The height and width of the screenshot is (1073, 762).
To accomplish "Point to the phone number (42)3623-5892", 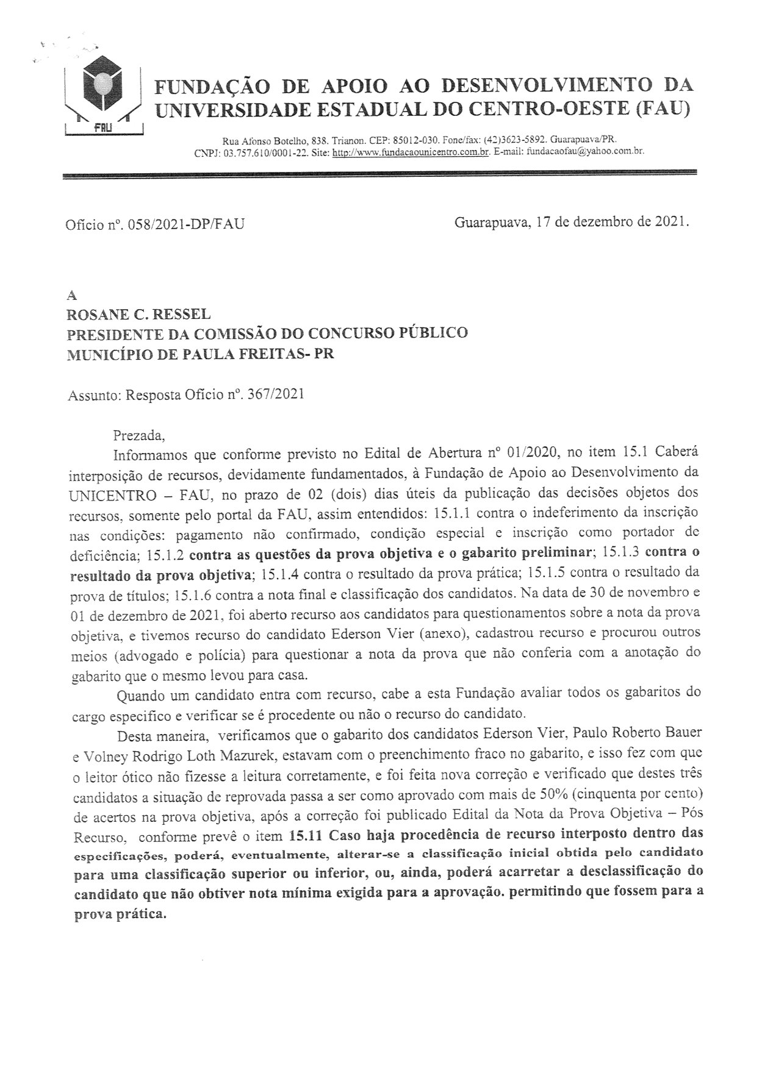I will click(515, 140).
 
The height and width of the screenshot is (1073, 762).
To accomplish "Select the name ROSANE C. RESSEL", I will click(138, 315).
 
